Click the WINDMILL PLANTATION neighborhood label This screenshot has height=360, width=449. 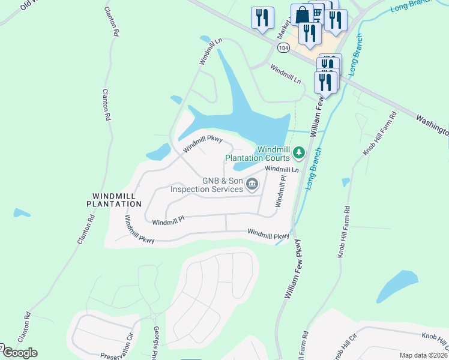pyautogui.click(x=118, y=200)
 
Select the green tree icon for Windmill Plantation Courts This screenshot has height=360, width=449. pyautogui.click(x=299, y=154)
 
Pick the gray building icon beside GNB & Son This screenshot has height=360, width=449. pyautogui.click(x=253, y=185)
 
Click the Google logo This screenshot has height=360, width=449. pyautogui.click(x=19, y=353)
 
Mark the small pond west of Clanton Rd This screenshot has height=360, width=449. pyautogui.click(x=22, y=213)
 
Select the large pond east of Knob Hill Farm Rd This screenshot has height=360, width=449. pyautogui.click(x=397, y=287)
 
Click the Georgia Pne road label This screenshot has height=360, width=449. pyautogui.click(x=157, y=341)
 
